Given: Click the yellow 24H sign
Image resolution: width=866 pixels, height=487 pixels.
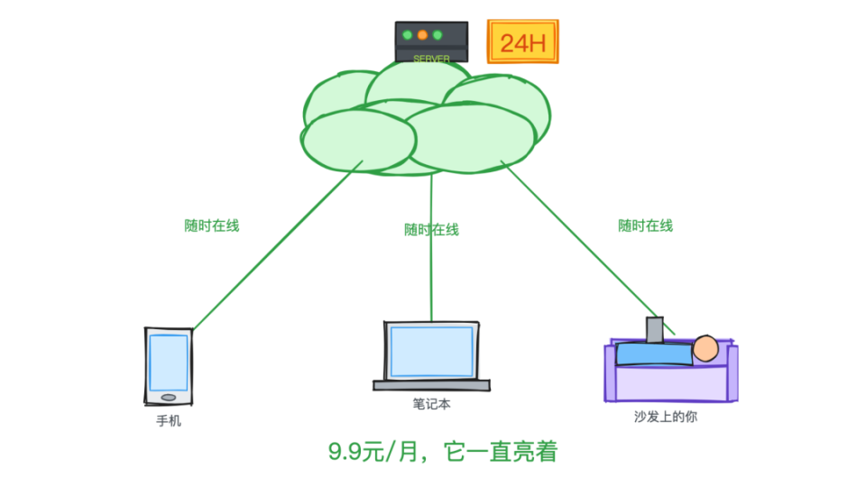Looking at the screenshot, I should [522, 42].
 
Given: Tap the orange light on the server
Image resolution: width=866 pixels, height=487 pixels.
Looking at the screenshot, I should [421, 35].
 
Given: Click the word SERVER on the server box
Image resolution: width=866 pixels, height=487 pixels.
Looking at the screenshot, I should [431, 59].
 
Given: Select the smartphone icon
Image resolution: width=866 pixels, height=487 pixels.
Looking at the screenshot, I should [168, 366].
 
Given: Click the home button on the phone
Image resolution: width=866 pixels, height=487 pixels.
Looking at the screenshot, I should [168, 397].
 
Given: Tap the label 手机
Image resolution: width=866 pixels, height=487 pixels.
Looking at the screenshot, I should [169, 420].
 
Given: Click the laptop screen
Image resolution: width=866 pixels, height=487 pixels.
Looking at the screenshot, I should [431, 352].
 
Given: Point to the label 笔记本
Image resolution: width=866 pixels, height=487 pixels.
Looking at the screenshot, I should [431, 404].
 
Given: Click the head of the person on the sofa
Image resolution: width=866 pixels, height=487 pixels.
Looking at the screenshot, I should [705, 348].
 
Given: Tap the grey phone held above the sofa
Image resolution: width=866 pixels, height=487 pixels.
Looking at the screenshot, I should [654, 329].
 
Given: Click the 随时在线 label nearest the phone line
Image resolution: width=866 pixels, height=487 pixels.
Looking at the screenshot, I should [212, 225].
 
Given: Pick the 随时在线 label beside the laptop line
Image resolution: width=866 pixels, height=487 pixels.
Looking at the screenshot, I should [431, 229].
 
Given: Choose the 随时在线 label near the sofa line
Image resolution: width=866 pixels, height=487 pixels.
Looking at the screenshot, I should [645, 225].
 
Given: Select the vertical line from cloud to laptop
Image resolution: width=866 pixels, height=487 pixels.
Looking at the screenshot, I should [431, 271].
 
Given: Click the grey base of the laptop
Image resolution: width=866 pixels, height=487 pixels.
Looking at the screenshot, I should [431, 385].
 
